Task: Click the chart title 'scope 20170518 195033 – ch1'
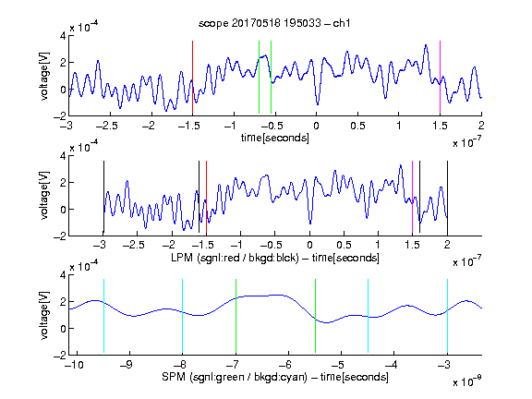(274, 23)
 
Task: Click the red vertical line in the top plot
(192, 78)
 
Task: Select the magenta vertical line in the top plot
(440, 78)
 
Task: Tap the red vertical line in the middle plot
(206, 198)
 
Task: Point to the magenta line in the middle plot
(412, 198)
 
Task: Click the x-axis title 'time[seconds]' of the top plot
(275, 138)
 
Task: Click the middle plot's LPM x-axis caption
(275, 258)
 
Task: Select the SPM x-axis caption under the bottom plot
(275, 377)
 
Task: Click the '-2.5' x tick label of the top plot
(106, 126)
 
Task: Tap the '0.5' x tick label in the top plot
(357, 126)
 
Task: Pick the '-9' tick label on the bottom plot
(127, 365)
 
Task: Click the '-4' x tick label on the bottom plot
(392, 365)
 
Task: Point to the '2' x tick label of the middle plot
(447, 245)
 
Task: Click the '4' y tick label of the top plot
(63, 36)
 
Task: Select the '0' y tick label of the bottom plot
(63, 329)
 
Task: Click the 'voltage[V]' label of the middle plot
(44, 196)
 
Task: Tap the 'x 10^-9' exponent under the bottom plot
(466, 381)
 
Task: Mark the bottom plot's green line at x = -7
(236, 316)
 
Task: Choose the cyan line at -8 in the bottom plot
(183, 316)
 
